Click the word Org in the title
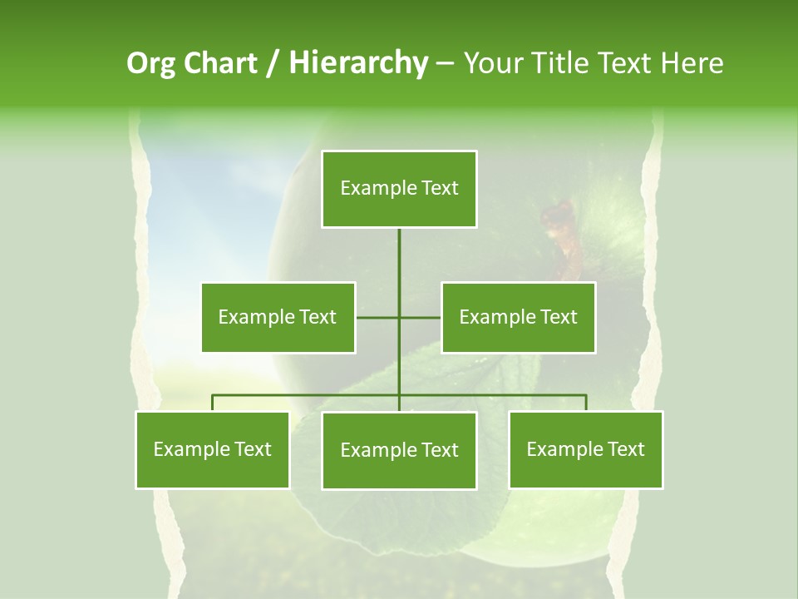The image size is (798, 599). [150, 63]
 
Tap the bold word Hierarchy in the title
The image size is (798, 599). [357, 63]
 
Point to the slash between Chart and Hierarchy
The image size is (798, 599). [273, 63]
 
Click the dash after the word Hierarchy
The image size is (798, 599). [445, 63]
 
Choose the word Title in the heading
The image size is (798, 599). [561, 63]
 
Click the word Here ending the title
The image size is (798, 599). [692, 63]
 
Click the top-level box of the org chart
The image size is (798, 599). [399, 189]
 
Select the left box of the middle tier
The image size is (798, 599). [278, 317]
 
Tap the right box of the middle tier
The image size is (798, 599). [518, 317]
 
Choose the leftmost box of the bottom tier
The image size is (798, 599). [212, 449]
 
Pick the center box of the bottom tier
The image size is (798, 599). [399, 450]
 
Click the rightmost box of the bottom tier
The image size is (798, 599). [585, 449]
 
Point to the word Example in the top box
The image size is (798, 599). [377, 189]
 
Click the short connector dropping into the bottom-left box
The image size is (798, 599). [212, 403]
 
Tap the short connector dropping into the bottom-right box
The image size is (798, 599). [586, 403]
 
